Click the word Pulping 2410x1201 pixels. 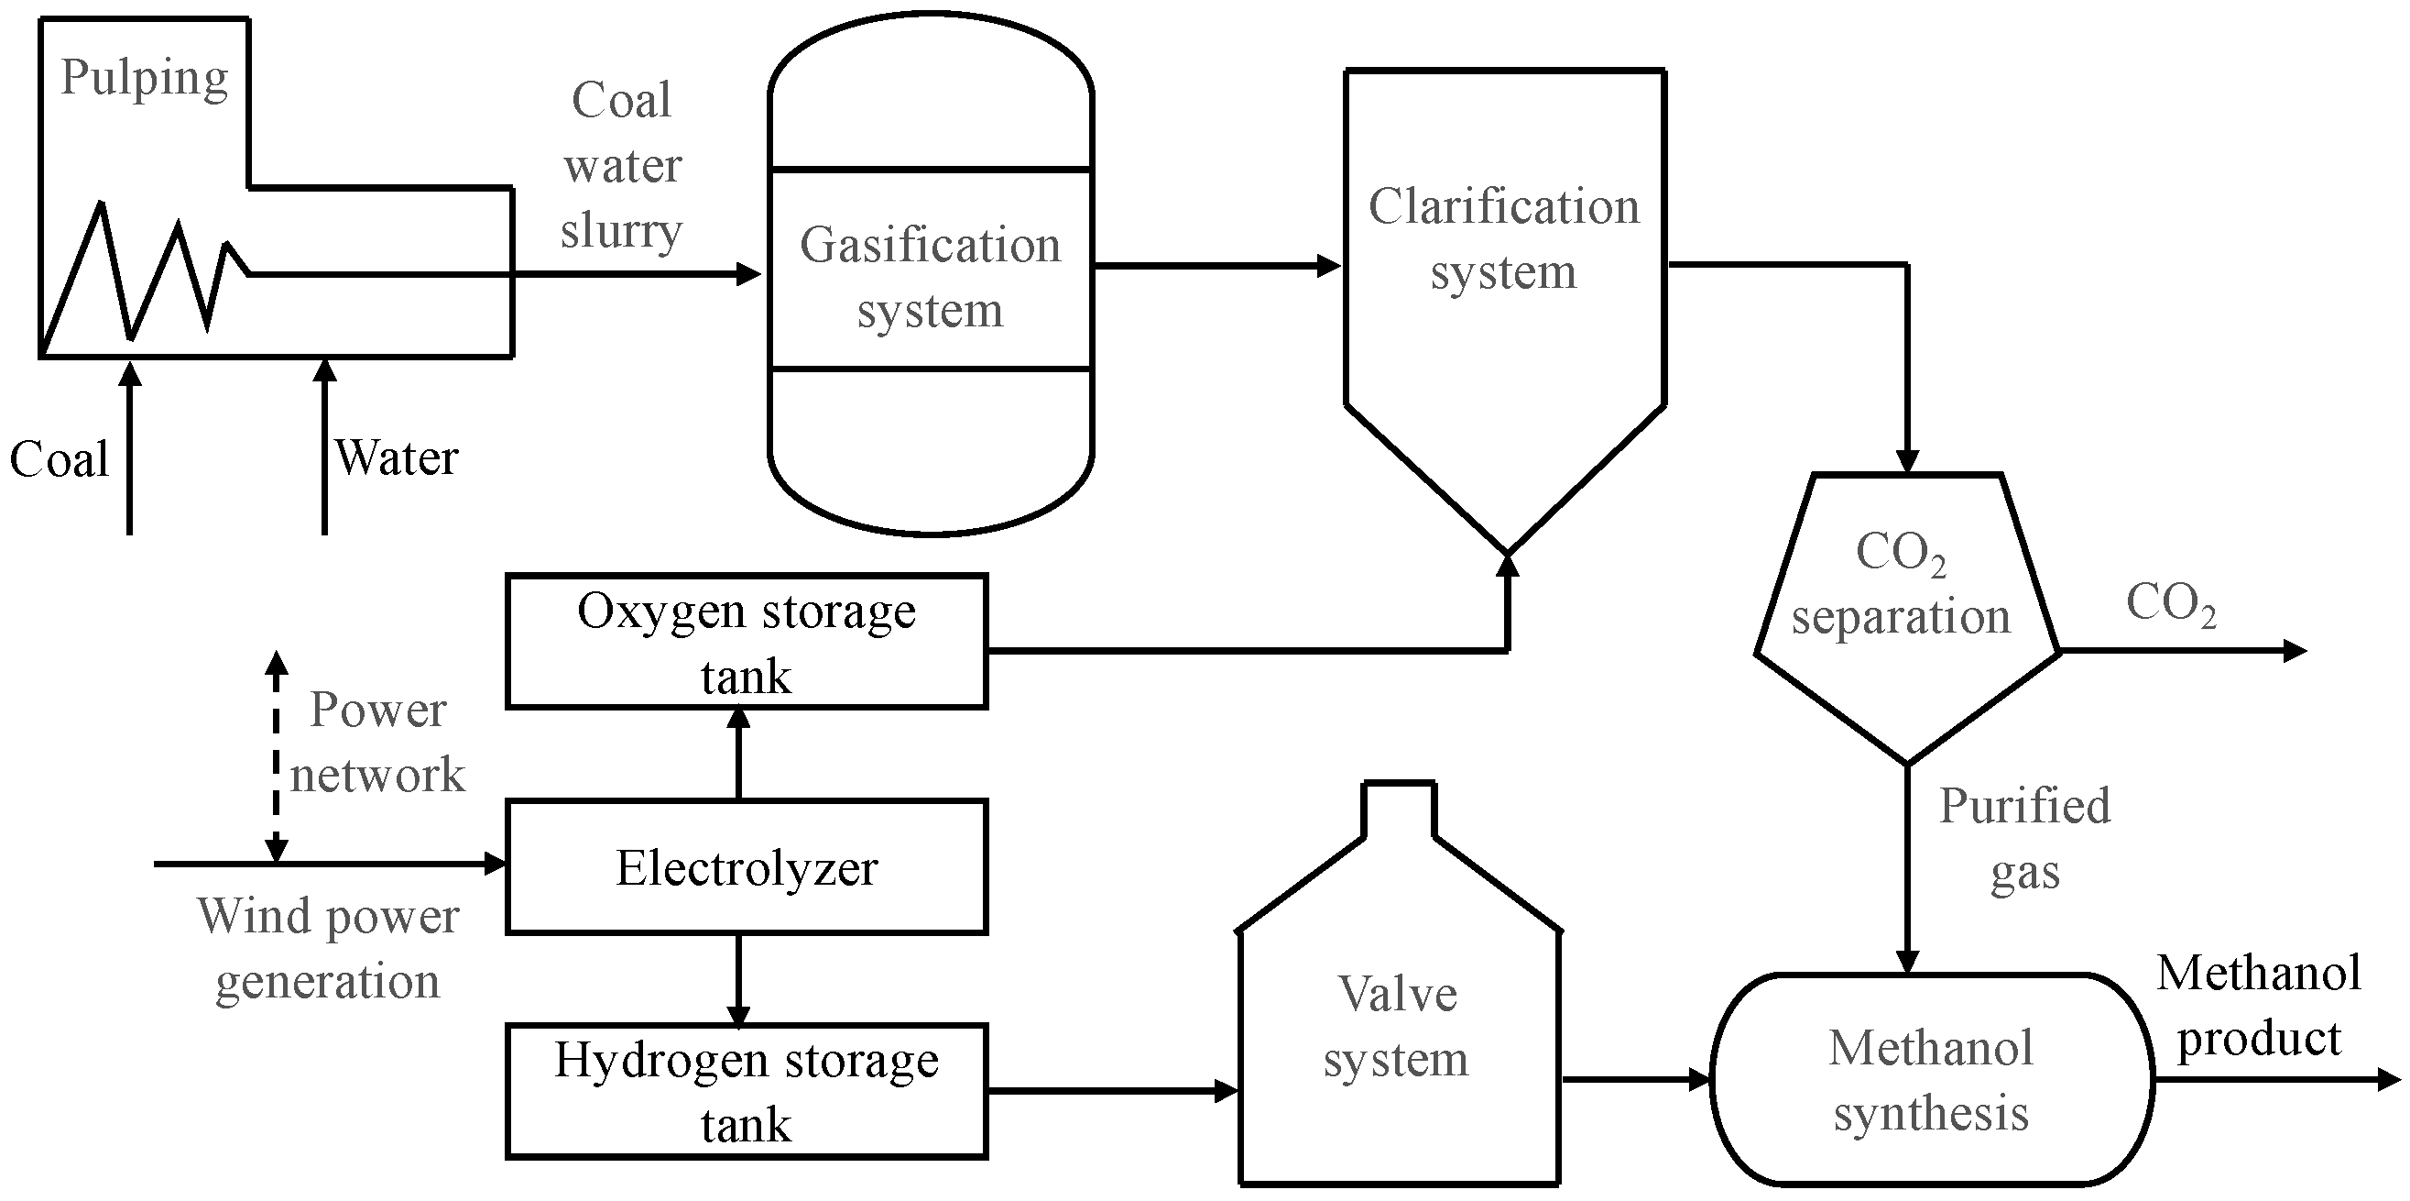pos(145,79)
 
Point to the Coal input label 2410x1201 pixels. pos(59,459)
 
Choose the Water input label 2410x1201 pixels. pos(397,457)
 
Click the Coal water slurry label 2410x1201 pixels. pos(622,166)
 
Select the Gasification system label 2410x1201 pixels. pos(930,277)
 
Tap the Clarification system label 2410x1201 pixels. pos(1503,238)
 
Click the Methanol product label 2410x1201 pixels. pos(2259,1007)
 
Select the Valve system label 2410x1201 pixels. pos(1396,1027)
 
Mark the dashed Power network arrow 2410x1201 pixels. pos(276,756)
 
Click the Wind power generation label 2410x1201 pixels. pos(328,949)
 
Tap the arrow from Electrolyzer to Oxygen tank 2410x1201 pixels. pos(739,754)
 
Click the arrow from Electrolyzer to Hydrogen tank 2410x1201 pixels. pos(739,980)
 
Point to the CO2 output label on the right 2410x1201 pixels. pos(2172,604)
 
